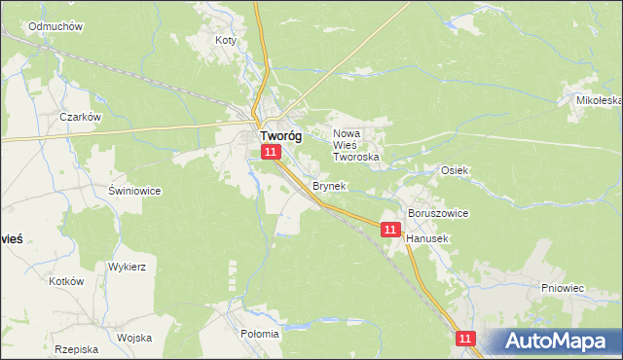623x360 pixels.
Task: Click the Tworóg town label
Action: (279, 137)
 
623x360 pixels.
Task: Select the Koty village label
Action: (226, 41)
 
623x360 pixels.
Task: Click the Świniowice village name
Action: (134, 191)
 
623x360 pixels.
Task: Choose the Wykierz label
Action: (128, 266)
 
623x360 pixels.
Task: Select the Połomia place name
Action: (259, 334)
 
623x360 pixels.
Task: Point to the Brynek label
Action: (328, 185)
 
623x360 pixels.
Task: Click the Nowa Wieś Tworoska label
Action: (355, 145)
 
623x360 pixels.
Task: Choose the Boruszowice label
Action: (438, 213)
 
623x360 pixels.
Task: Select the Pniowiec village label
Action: (562, 289)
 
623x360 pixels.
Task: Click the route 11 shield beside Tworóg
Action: (272, 153)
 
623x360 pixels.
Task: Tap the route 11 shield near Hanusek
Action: (390, 230)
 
